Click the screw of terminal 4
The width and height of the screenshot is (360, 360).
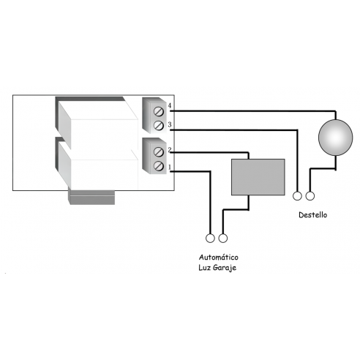click(159, 111)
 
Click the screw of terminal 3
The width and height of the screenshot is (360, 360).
click(159, 126)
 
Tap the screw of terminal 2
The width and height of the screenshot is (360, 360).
click(159, 151)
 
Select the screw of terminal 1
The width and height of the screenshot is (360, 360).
click(159, 166)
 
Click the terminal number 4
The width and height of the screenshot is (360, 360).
click(170, 105)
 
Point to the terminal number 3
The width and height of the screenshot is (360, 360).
click(170, 124)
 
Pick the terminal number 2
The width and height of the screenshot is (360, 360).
click(170, 149)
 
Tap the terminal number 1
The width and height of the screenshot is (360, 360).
click(170, 167)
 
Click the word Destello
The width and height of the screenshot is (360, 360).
click(313, 215)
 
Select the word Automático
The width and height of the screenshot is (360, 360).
click(219, 257)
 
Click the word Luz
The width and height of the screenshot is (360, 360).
click(205, 268)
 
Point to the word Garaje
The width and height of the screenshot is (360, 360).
click(225, 268)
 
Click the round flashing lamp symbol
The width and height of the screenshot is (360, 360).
click(336, 138)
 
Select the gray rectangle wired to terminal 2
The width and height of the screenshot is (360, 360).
click(258, 177)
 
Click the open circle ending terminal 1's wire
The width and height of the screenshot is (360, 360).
click(210, 238)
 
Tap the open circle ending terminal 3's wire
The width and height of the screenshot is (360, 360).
click(297, 196)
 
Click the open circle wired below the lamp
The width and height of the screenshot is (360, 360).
click(310, 196)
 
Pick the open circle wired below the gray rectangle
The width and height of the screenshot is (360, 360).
click(223, 238)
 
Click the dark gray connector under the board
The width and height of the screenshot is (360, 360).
click(92, 198)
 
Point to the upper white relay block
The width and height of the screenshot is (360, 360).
click(97, 123)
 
